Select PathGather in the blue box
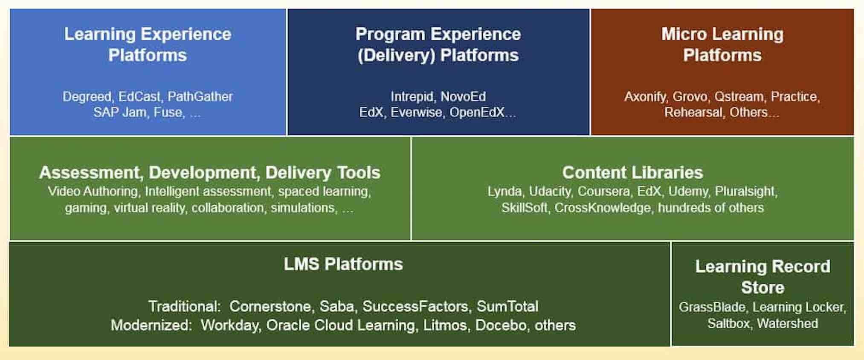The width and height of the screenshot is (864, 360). (200, 96)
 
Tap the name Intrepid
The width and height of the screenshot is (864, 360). (412, 97)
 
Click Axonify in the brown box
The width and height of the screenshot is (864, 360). (645, 97)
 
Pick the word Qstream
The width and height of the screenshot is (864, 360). (739, 97)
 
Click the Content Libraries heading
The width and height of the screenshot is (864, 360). (632, 172)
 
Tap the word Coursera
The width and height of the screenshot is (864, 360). (603, 191)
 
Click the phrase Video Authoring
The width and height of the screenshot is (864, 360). (93, 192)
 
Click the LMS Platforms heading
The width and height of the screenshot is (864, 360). (343, 264)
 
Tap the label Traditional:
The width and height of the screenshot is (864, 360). (184, 306)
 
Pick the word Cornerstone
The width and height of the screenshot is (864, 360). (270, 306)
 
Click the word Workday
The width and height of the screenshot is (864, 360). (229, 325)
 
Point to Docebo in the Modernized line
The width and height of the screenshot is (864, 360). (501, 325)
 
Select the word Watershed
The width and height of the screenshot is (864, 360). (787, 323)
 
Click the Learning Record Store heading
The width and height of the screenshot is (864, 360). (763, 277)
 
